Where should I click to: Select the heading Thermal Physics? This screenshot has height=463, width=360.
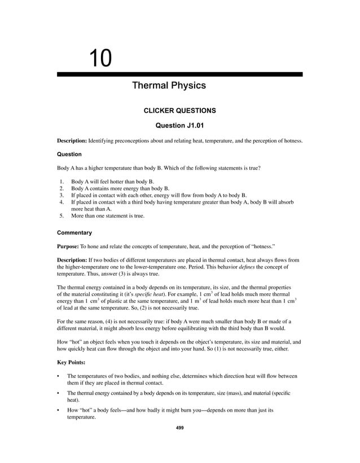pyautogui.click(x=168, y=86)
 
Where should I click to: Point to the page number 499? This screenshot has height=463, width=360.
pyautogui.click(x=180, y=428)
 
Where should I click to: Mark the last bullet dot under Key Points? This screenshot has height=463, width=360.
pyautogui.click(x=59, y=411)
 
